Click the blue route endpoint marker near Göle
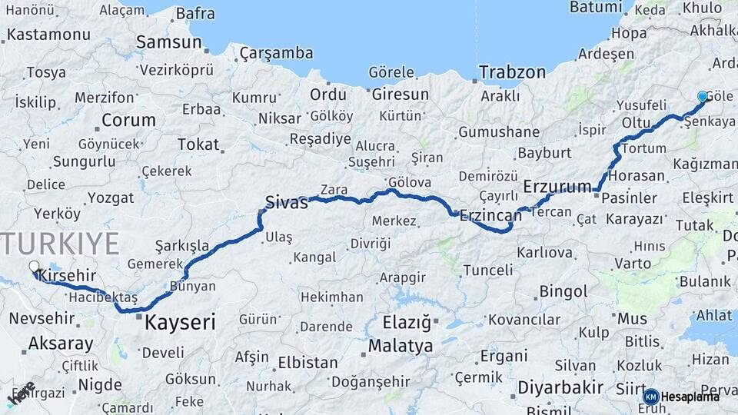(702, 97)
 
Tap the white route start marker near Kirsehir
(34, 267)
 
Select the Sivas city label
(286, 203)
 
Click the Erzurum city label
(557, 187)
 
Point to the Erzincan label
(490, 216)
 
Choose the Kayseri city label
(181, 322)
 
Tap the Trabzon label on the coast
(512, 72)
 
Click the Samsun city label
(169, 41)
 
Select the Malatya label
(401, 346)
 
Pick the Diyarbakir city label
(560, 387)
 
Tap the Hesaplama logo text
(691, 397)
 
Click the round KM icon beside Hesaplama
(651, 397)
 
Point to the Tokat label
(198, 144)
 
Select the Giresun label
(400, 95)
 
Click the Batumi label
(595, 7)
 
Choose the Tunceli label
(487, 270)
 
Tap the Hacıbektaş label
(103, 297)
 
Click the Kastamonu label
(49, 35)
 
